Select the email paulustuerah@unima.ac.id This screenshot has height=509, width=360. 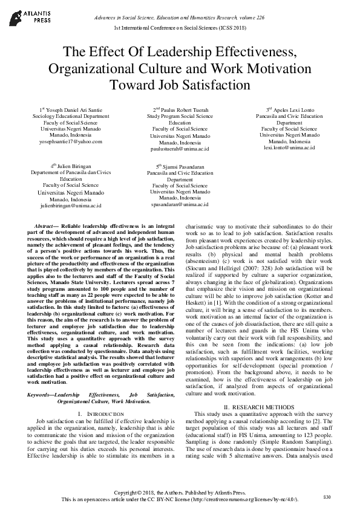(x=180, y=148)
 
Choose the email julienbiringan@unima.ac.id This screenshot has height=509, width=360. (x=71, y=206)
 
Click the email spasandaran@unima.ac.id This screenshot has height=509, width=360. (x=180, y=204)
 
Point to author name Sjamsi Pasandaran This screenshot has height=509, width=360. (x=183, y=166)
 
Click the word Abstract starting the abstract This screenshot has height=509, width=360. (x=47, y=225)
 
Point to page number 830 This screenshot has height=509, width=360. (x=327, y=496)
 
